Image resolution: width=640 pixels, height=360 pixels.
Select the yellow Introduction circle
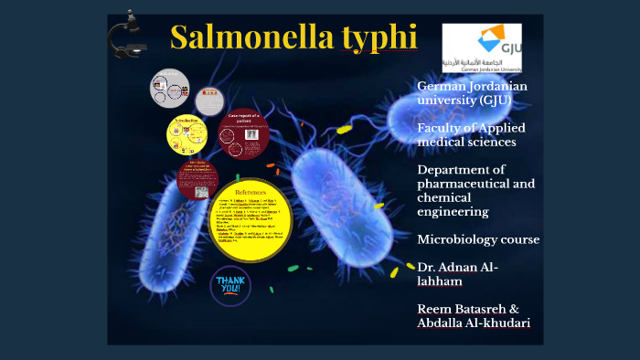(x=187, y=135)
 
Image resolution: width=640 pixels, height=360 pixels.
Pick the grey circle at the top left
(x=170, y=90)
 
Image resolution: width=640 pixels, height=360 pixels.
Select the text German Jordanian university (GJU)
(x=471, y=93)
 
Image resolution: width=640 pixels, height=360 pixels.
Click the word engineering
(x=453, y=211)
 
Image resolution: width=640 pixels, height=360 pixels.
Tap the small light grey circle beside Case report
(x=209, y=101)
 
